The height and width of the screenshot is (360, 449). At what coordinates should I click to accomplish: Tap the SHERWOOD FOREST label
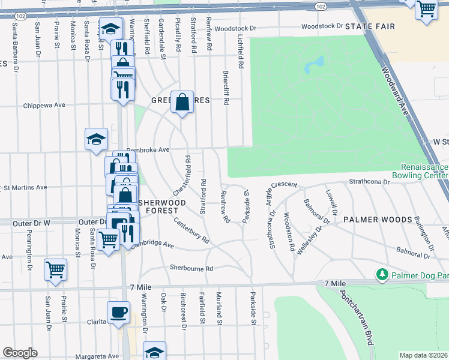[158, 206]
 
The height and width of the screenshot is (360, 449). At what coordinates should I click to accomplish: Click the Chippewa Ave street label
[44, 105]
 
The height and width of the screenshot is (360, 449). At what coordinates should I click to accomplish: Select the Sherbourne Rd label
[191, 268]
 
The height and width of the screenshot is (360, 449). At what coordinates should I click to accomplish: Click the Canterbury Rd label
[191, 230]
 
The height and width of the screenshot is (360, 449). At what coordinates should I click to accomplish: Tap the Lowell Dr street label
[330, 202]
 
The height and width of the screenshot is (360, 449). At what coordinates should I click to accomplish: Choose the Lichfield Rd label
[240, 50]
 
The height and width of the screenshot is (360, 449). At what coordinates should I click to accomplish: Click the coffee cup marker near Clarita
[118, 312]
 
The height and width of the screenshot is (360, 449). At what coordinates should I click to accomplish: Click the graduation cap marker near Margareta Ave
[154, 352]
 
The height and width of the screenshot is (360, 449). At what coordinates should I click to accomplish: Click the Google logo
[20, 353]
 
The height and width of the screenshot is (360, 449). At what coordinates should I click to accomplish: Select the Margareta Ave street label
[96, 356]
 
